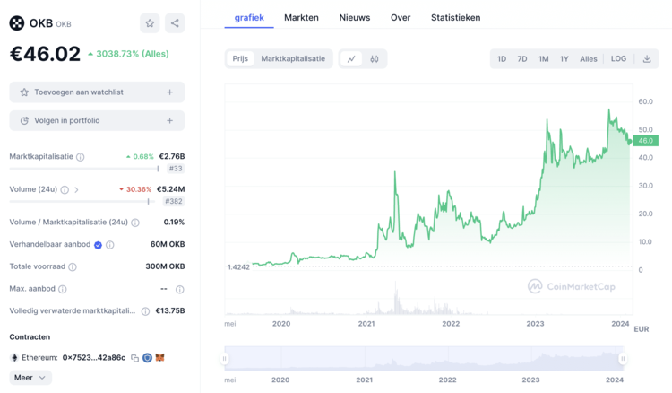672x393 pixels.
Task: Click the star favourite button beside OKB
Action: pyautogui.click(x=150, y=23)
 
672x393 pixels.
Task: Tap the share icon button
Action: pyautogui.click(x=175, y=23)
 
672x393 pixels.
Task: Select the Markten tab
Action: pyautogui.click(x=301, y=17)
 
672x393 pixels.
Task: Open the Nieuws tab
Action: pyautogui.click(x=355, y=17)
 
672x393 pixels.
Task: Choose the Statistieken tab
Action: pyautogui.click(x=455, y=17)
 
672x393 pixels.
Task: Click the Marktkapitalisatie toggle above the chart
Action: pyautogui.click(x=293, y=59)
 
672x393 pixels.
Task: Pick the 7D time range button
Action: pyautogui.click(x=522, y=59)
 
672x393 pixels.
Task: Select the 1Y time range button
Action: pyautogui.click(x=564, y=59)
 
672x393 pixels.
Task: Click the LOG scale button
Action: pyautogui.click(x=619, y=59)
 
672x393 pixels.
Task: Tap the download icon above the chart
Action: pyautogui.click(x=647, y=59)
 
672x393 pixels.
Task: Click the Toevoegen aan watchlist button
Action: pyautogui.click(x=97, y=92)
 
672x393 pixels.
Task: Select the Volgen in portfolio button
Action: pyautogui.click(x=97, y=120)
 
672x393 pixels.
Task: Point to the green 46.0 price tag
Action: pyautogui.click(x=645, y=141)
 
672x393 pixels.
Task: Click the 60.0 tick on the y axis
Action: pyautogui.click(x=645, y=102)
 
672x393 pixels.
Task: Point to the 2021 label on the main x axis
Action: pyautogui.click(x=366, y=323)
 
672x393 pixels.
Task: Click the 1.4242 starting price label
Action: pyautogui.click(x=237, y=266)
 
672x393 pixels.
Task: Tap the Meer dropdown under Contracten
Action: pyautogui.click(x=31, y=378)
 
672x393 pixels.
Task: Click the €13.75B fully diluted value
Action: pyautogui.click(x=170, y=310)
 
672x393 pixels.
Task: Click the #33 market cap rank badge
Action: pyautogui.click(x=176, y=169)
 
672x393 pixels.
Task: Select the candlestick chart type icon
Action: pyautogui.click(x=375, y=59)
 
